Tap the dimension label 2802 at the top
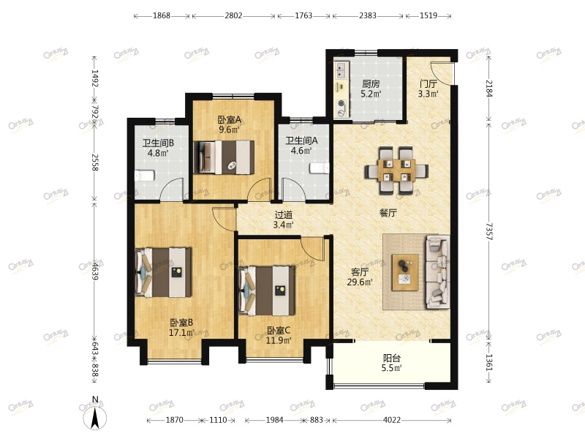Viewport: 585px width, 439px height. pos(233,15)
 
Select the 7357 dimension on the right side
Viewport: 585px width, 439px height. pos(488,231)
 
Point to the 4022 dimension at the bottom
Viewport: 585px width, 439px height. pos(392,420)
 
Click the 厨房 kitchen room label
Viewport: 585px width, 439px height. pos(371,84)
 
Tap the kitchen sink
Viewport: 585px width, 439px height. pos(341,70)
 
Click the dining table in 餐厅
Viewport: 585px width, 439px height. pos(396,170)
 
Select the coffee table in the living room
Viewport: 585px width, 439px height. pos(405,272)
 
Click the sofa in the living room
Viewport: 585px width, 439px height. pos(437,271)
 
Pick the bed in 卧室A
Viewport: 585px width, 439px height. pos(224,157)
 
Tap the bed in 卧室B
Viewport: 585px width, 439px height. pos(163,272)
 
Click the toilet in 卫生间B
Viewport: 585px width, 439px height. pos(144,176)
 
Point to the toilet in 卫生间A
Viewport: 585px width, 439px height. pos(320,168)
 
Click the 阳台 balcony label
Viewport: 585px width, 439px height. pos(392,359)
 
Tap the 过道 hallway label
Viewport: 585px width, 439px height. pos(284,215)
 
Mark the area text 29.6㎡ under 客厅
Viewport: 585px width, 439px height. pos(360,282)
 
